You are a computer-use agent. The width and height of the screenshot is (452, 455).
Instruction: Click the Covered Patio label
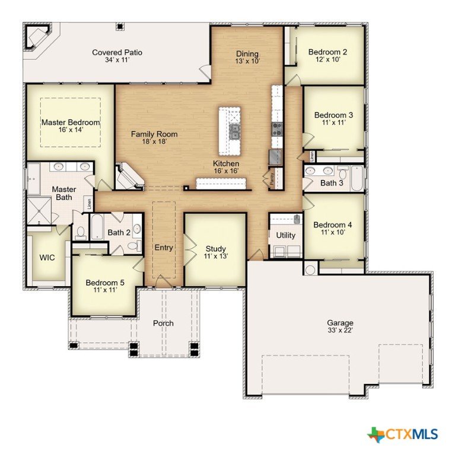(x=117, y=53)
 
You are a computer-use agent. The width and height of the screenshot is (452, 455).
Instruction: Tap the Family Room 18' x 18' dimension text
(x=154, y=142)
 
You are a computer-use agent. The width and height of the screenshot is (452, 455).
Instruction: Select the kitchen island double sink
(x=234, y=132)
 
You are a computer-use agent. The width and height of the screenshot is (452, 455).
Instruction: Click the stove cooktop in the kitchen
(x=277, y=129)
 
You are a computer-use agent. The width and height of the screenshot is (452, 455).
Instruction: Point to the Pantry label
(x=272, y=179)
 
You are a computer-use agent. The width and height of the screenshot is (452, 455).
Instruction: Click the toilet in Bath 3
(x=343, y=172)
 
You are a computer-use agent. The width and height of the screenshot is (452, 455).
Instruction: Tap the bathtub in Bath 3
(x=356, y=178)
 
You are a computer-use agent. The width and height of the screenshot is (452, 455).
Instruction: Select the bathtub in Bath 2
(x=97, y=227)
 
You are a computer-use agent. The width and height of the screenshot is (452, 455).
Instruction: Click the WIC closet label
(x=47, y=257)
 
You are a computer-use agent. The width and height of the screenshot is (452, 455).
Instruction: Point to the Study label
(x=215, y=249)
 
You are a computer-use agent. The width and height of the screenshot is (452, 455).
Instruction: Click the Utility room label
(x=285, y=235)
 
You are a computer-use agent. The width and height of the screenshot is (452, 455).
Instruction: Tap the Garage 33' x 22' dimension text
(x=340, y=330)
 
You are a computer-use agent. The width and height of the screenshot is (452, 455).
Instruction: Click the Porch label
(x=163, y=323)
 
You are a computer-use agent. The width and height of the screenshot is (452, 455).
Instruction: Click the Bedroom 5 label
(x=105, y=283)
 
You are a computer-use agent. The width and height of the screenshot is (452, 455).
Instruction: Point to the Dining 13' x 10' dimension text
(x=247, y=61)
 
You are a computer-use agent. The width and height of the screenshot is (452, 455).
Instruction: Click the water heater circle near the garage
(x=310, y=270)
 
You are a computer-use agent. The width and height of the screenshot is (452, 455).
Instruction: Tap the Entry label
(x=164, y=248)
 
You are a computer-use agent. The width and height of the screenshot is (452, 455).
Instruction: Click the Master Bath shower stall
(x=39, y=211)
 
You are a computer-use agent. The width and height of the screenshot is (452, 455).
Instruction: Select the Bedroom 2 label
(x=327, y=52)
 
